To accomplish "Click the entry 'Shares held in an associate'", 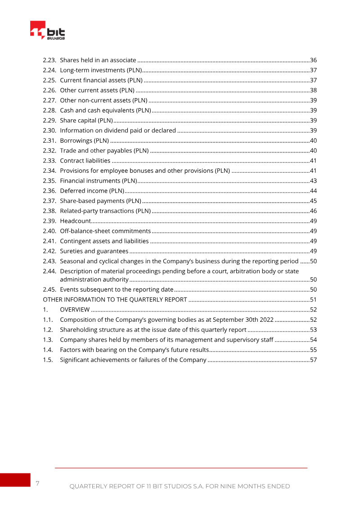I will pyautogui.click(x=98, y=60).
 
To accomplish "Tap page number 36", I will pyautogui.click(x=314, y=60).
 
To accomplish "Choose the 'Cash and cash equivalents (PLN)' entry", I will pyautogui.click(x=105, y=110).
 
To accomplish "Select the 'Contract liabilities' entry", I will pyautogui.click(x=85, y=161).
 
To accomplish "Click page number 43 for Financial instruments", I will pyautogui.click(x=314, y=181).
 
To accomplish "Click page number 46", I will pyautogui.click(x=314, y=211).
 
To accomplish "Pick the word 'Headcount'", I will pyautogui.click(x=75, y=221).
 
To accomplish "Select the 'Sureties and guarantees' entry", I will pyautogui.click(x=94, y=251).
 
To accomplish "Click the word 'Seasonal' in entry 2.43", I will pyautogui.click(x=72, y=261).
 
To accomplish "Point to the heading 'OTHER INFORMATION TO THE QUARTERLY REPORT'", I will pyautogui.click(x=115, y=300).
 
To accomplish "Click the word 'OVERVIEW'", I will pyautogui.click(x=75, y=310).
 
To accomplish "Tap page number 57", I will pyautogui.click(x=314, y=360).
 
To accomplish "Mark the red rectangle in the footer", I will pyautogui.click(x=15, y=480).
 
